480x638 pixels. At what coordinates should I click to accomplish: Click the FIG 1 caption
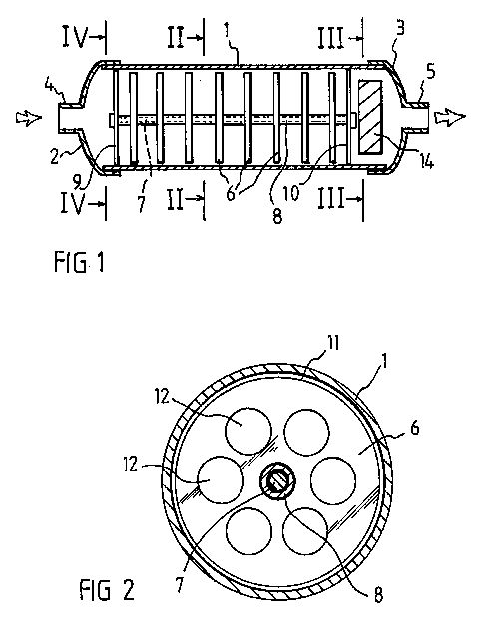tap(79, 262)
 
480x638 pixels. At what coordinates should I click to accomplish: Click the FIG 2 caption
tap(107, 590)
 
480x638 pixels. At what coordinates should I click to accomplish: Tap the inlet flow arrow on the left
tap(29, 117)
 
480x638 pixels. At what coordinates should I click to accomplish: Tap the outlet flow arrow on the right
tap(449, 117)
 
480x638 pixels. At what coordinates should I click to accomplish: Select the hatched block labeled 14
tap(370, 118)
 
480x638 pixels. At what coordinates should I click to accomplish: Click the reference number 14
tap(425, 162)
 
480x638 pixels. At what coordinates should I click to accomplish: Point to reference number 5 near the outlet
tap(430, 71)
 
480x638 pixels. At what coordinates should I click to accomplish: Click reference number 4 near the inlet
tap(50, 87)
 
